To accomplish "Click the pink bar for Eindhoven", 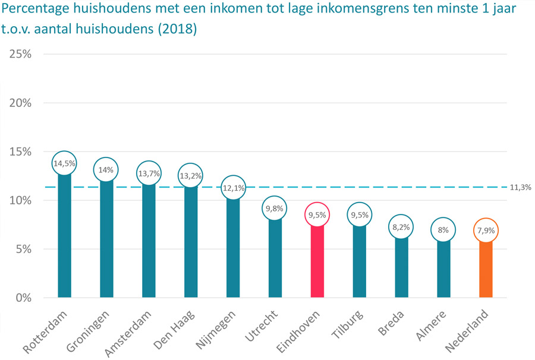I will tap(317, 261).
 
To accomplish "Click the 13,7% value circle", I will tap(149, 173).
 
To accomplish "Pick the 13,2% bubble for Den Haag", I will tap(191, 176).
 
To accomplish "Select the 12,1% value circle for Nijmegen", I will tap(233, 187).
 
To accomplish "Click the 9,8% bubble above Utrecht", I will tap(275, 209).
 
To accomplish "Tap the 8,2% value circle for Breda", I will tap(401, 227).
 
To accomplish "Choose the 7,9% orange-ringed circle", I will tap(486, 230).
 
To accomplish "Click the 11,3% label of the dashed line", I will tap(520, 187).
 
